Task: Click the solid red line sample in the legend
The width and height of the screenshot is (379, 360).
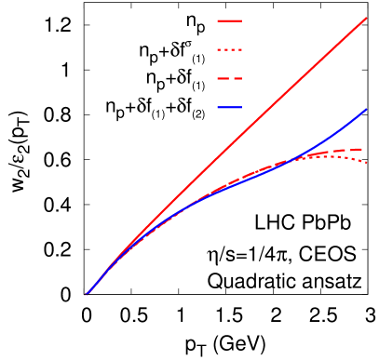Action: click(230, 20)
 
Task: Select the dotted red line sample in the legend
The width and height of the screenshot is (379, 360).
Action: click(230, 50)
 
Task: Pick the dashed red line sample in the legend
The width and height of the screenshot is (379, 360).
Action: click(230, 79)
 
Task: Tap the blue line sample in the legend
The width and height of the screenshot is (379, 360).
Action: click(230, 108)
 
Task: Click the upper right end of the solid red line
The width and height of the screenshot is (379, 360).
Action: click(366, 18)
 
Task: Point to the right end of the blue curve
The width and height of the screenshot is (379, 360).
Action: click(366, 109)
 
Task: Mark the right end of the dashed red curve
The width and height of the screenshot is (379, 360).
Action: click(362, 149)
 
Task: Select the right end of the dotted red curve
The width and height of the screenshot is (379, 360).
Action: click(366, 163)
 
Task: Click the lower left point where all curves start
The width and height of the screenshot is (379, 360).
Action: click(87, 295)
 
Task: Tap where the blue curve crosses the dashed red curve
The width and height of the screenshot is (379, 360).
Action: click(291, 161)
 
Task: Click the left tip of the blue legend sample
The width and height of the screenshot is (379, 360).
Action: click(219, 108)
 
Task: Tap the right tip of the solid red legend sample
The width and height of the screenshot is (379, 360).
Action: click(241, 20)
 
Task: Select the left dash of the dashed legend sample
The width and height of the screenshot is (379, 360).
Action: click(222, 79)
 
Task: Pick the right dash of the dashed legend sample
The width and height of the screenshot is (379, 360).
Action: click(237, 79)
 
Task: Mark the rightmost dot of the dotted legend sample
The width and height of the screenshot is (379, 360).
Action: click(240, 50)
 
